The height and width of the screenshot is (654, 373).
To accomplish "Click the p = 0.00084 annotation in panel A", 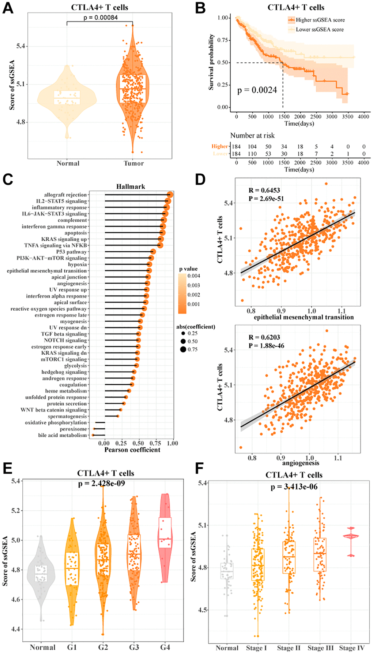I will pyautogui.click(x=101, y=17).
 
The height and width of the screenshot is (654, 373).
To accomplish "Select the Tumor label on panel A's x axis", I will pyautogui.click(x=133, y=163).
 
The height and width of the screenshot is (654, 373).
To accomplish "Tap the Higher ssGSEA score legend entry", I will pyautogui.click(x=320, y=20).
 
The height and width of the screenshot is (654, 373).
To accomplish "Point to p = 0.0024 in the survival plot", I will pyautogui.click(x=257, y=90).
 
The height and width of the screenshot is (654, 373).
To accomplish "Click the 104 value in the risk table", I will pyautogui.click(x=252, y=147).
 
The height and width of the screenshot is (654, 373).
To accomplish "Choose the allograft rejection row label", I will pyautogui.click(x=65, y=195).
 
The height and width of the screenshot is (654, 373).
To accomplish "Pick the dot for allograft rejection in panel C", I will pyautogui.click(x=170, y=195).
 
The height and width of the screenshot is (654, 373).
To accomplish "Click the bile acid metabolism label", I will pyautogui.click(x=63, y=435).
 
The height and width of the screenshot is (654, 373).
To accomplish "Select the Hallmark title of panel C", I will pyautogui.click(x=131, y=186).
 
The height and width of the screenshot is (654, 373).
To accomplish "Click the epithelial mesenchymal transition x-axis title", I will pyautogui.click(x=304, y=317).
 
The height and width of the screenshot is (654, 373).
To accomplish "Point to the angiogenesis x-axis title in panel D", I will pyautogui.click(x=301, y=463).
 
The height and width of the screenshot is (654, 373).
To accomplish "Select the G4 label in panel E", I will pyautogui.click(x=165, y=647).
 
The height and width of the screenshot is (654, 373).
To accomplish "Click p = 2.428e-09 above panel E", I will pyautogui.click(x=102, y=483).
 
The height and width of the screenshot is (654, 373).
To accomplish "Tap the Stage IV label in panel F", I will pyautogui.click(x=351, y=648).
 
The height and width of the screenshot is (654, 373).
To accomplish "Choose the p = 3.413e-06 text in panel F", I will pyautogui.click(x=294, y=487).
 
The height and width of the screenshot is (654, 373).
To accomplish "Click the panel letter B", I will pyautogui.click(x=200, y=8).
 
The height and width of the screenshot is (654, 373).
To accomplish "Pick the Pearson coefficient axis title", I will pyautogui.click(x=132, y=450).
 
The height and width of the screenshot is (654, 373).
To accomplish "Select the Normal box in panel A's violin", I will pyautogui.click(x=67, y=98).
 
